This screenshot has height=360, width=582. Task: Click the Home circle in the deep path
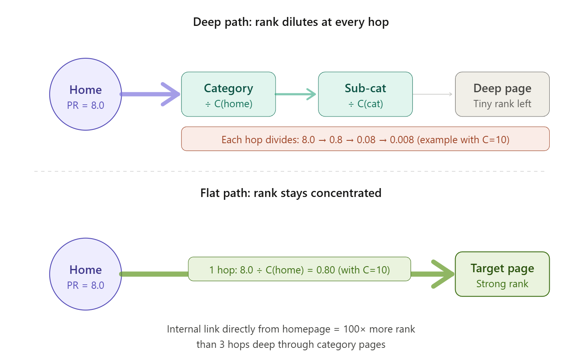[85, 94]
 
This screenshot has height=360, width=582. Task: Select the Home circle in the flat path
[85, 274]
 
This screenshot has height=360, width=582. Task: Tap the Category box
[228, 94]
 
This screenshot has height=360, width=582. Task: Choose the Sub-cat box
[365, 94]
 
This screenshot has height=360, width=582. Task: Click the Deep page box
[502, 94]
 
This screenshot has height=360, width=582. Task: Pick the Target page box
[502, 274]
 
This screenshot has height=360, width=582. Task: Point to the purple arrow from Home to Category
[150, 94]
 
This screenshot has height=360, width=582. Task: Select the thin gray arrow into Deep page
[432, 94]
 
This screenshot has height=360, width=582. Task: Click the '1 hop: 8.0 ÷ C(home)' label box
[299, 269]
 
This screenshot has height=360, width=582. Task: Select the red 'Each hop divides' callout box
[365, 139]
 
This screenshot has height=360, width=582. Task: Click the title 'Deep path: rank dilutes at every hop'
[291, 22]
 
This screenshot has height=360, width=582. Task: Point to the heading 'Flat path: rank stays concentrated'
[291, 193]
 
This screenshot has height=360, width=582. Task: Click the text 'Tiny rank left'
[502, 104]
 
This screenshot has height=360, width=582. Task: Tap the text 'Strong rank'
[502, 284]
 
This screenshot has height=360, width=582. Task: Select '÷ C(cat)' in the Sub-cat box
[365, 104]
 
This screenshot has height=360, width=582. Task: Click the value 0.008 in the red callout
[402, 140]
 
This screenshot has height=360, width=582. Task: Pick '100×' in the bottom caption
[354, 329]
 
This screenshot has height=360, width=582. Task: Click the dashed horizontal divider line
[291, 171]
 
